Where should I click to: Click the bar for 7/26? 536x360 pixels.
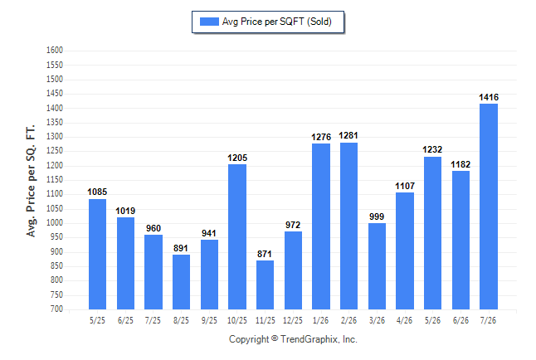tap(489, 207)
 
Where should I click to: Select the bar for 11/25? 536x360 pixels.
tap(265, 285)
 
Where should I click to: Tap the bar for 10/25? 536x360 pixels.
tap(237, 236)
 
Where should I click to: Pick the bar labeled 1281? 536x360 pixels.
tap(348, 226)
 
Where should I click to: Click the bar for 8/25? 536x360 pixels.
tap(181, 282)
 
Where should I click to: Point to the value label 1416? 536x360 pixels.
tap(489, 97)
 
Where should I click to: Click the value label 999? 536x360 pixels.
tap(377, 216)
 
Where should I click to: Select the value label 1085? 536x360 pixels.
tap(97, 192)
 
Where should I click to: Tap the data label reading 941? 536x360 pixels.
tap(209, 234)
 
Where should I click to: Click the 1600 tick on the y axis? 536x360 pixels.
tap(55, 51)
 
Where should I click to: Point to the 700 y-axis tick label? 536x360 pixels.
tap(56, 309)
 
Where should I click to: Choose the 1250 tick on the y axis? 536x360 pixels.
tap(55, 151)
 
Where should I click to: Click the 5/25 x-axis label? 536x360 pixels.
tap(97, 320)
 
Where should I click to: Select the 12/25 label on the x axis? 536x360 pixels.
tap(293, 320)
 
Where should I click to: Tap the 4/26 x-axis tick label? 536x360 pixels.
tap(404, 320)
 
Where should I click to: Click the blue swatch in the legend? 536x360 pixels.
tap(209, 22)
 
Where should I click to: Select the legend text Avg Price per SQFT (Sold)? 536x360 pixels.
tap(277, 22)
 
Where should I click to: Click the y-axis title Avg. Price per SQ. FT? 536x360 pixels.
tap(31, 181)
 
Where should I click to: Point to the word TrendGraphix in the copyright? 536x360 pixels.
tap(309, 339)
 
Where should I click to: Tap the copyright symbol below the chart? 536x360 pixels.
tap(275, 338)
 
